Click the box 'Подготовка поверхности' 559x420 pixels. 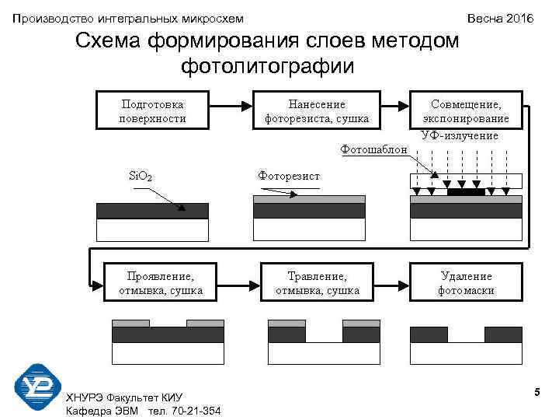(x=153, y=110)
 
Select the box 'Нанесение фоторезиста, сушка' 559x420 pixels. (x=317, y=110)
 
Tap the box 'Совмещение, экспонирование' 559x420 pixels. (x=466, y=110)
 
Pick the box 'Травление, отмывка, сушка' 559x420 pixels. (x=317, y=283)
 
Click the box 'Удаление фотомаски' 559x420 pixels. (x=466, y=283)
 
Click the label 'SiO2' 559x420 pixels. (x=140, y=177)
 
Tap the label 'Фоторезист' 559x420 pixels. (x=289, y=177)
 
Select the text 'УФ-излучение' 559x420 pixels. (x=460, y=135)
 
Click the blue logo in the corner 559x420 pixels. (x=37, y=387)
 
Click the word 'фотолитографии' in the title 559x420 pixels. (x=268, y=66)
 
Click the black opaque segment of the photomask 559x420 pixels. (x=466, y=191)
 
